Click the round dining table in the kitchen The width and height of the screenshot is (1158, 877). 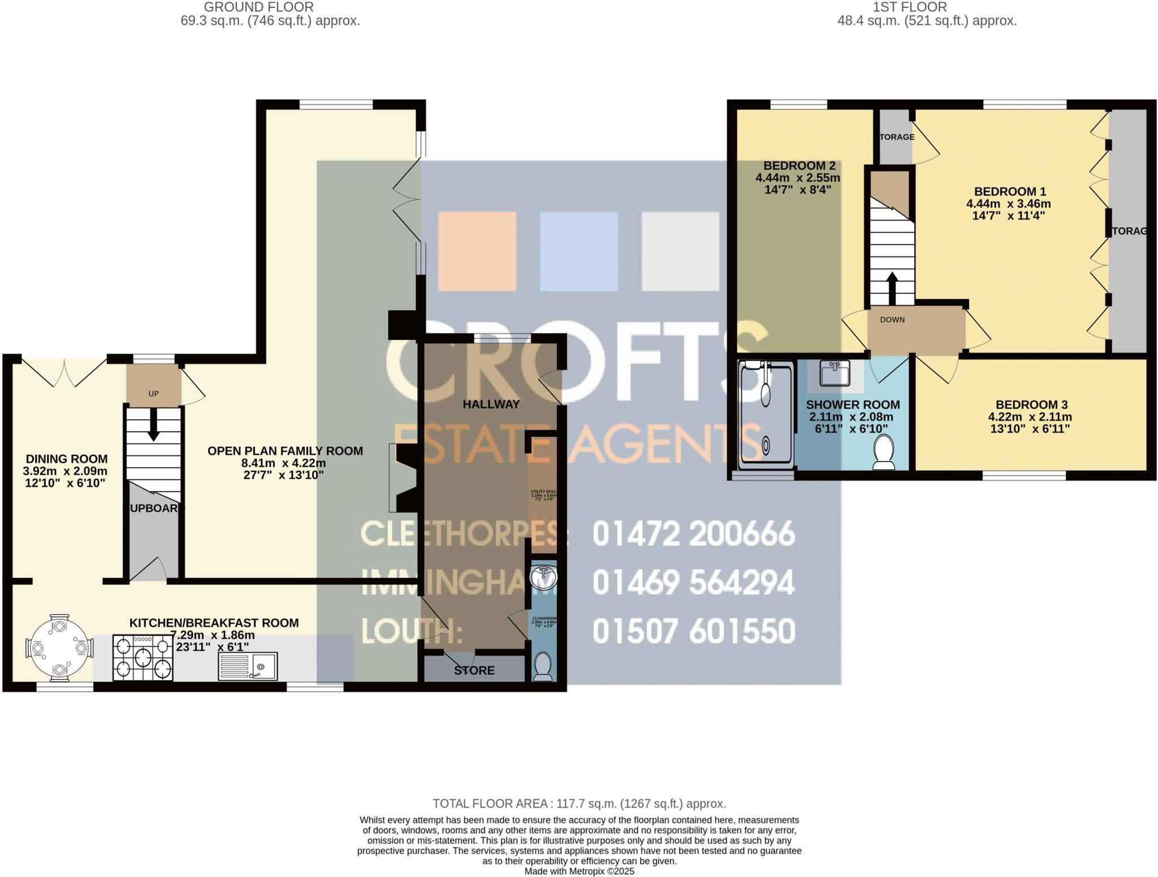pyautogui.click(x=59, y=646)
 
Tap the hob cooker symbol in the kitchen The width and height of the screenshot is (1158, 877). pyautogui.click(x=142, y=657)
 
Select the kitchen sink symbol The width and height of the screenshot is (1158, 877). pyautogui.click(x=248, y=666)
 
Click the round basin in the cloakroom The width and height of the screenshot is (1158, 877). pyautogui.click(x=543, y=577)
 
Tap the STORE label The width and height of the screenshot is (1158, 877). pyautogui.click(x=474, y=670)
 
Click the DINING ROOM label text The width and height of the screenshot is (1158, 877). pyautogui.click(x=66, y=459)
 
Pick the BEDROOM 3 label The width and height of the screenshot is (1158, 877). pyautogui.click(x=1031, y=405)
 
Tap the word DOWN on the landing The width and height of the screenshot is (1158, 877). pyautogui.click(x=892, y=320)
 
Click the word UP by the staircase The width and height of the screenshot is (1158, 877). pyautogui.click(x=153, y=393)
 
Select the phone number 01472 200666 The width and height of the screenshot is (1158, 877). pyautogui.click(x=693, y=534)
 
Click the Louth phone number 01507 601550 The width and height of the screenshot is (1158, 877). pyautogui.click(x=693, y=631)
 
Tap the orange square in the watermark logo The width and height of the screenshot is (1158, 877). pyautogui.click(x=477, y=251)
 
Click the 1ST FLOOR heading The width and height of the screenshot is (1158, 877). pyautogui.click(x=909, y=7)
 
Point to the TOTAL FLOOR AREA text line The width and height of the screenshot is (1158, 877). pyautogui.click(x=579, y=803)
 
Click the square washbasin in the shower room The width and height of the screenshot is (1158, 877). pyautogui.click(x=835, y=373)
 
